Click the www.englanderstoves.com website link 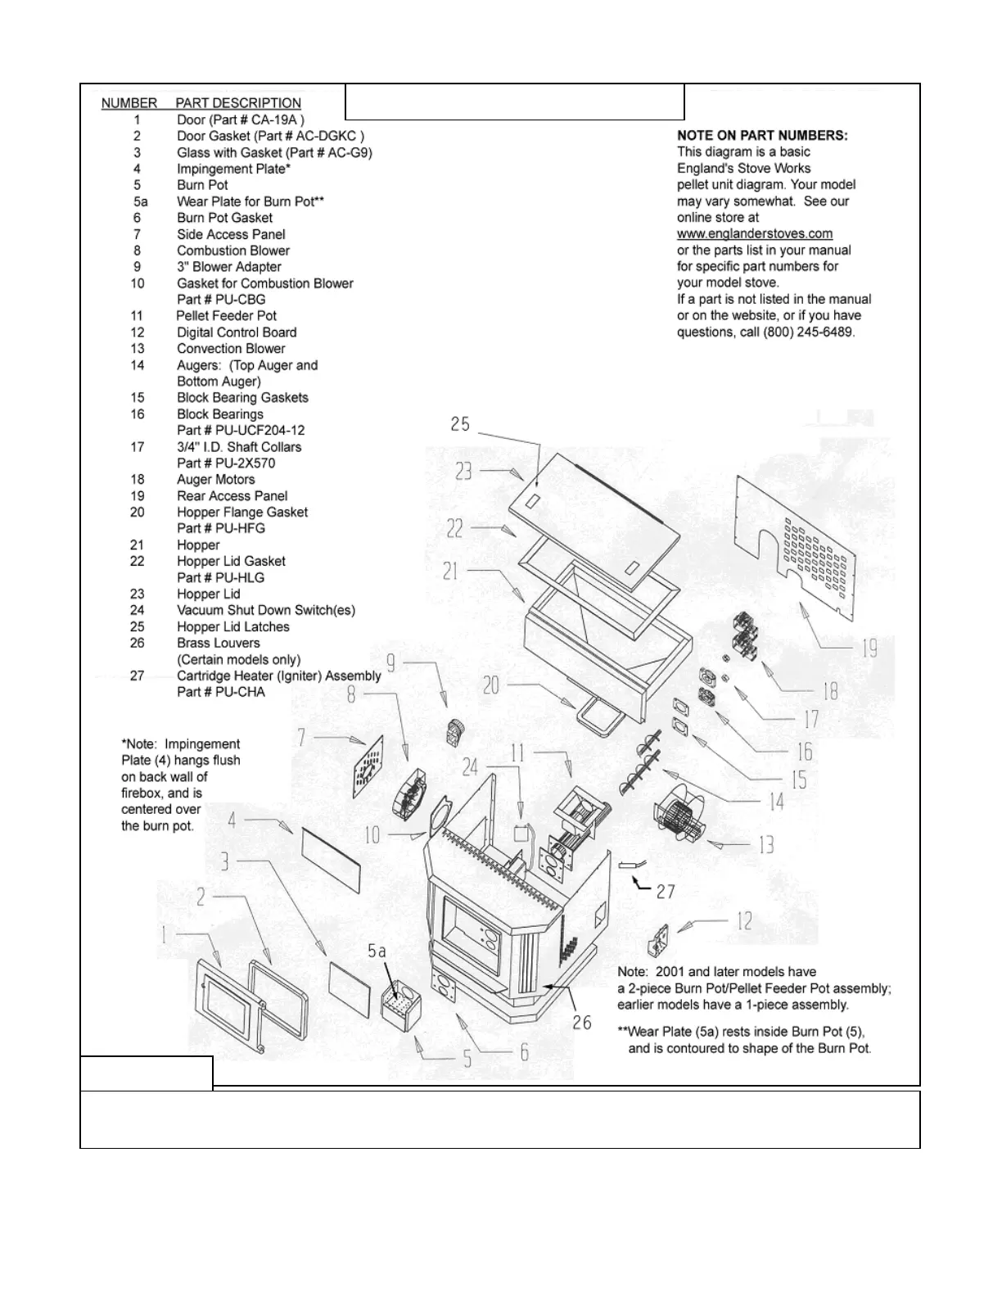(x=754, y=234)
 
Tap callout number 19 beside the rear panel (x=869, y=649)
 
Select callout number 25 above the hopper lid (x=460, y=424)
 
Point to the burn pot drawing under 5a (x=400, y=1006)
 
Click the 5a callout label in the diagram (x=377, y=951)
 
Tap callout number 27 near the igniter (x=666, y=891)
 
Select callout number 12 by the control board (x=744, y=921)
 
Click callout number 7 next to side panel (x=302, y=738)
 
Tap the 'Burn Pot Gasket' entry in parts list (x=224, y=218)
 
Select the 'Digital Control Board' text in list (x=237, y=332)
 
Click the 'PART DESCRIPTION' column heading (x=238, y=103)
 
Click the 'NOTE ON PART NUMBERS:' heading (x=761, y=135)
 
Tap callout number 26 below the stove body (x=582, y=1023)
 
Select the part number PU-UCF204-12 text (x=241, y=430)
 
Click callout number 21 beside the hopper (x=451, y=571)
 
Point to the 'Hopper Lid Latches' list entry (x=233, y=626)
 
